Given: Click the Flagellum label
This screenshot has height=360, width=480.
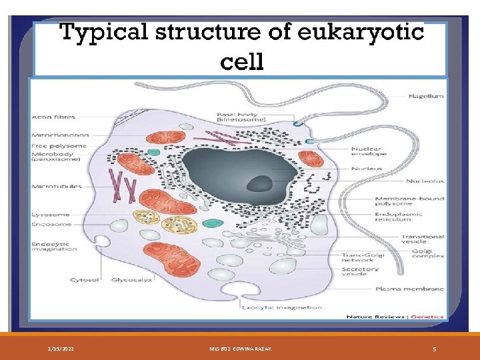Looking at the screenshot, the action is click(x=425, y=96).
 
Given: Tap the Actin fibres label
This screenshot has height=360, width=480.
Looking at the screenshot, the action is click(x=53, y=117).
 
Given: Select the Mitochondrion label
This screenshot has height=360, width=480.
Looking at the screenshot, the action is click(x=59, y=135).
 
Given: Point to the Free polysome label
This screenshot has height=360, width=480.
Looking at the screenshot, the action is click(x=59, y=146).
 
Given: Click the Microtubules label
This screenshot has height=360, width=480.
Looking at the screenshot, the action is click(x=57, y=187).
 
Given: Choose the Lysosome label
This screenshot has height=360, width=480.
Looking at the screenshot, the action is click(x=50, y=215).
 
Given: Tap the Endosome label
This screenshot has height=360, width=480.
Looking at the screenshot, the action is click(x=51, y=225).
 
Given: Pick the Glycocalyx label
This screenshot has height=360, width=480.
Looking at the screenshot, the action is click(x=131, y=280).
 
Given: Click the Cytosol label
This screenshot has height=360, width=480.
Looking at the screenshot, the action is click(x=83, y=280).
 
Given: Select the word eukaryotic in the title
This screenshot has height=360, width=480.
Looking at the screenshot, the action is click(x=360, y=32).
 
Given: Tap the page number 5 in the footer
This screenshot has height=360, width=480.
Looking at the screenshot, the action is click(x=434, y=349).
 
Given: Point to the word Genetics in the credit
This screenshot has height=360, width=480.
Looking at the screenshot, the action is click(x=427, y=316).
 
